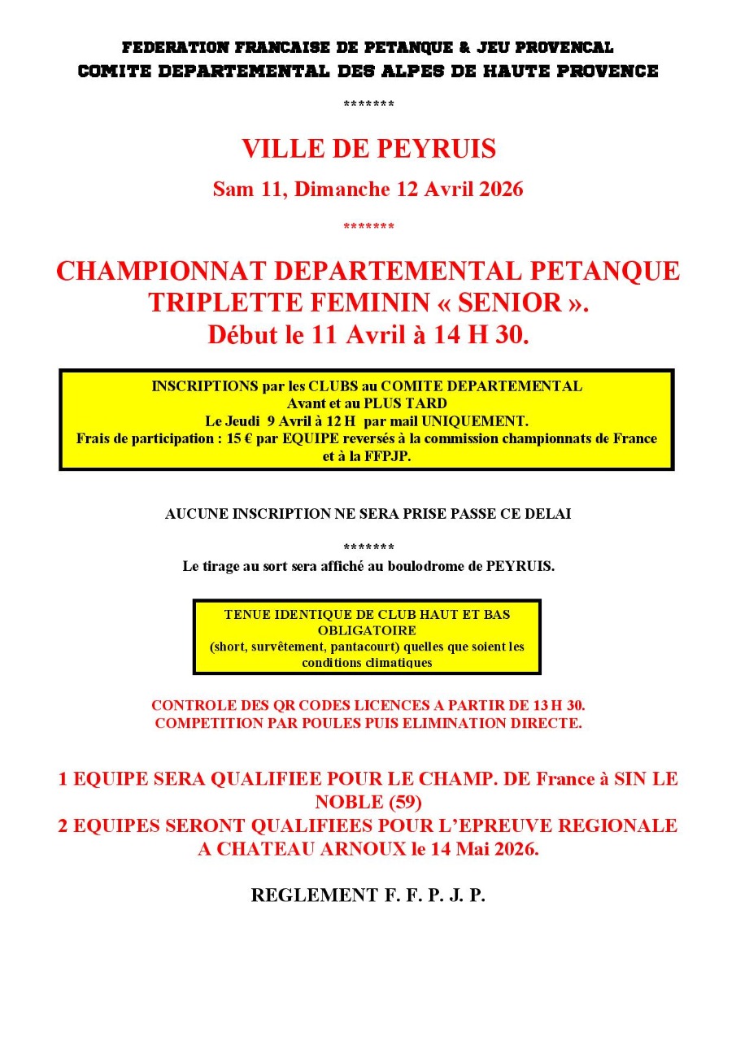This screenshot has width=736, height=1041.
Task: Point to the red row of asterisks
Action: click(x=368, y=226)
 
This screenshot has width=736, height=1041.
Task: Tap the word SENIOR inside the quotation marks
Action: click(x=511, y=303)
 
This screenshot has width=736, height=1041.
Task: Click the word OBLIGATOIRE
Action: click(x=367, y=630)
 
